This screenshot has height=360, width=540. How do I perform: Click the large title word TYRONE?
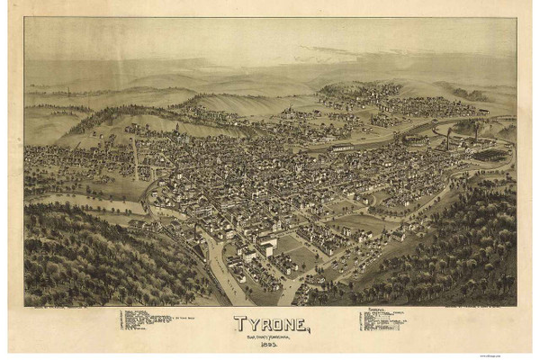[x=271, y=322]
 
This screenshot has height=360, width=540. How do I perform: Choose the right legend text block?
[x=382, y=320]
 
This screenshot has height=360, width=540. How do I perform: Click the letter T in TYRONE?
[x=238, y=322]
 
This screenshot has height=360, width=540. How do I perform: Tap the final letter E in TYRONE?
[x=303, y=322]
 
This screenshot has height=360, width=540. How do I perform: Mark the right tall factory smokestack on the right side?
[x=474, y=130]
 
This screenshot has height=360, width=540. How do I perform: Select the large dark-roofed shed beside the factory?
[x=489, y=154]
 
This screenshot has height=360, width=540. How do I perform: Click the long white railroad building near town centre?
[x=343, y=147]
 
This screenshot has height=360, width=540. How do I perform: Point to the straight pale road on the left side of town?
[x=135, y=157]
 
